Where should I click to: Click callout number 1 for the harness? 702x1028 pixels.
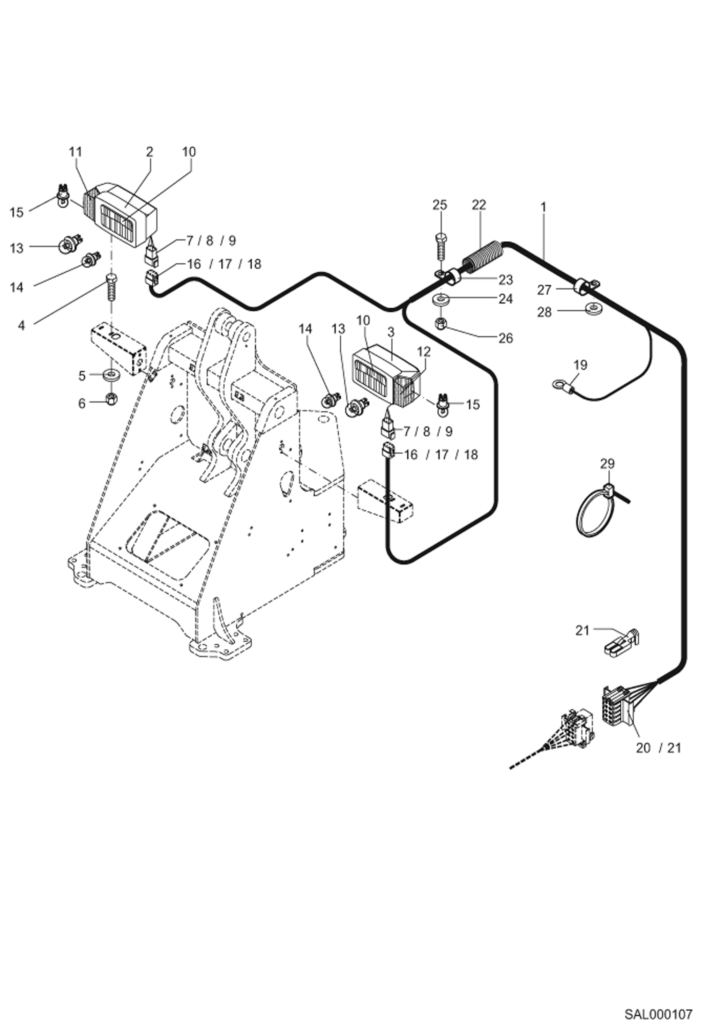pos(543,207)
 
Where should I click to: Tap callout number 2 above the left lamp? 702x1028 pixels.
pos(149,152)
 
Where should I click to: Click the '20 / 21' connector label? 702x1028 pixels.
pos(657,748)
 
